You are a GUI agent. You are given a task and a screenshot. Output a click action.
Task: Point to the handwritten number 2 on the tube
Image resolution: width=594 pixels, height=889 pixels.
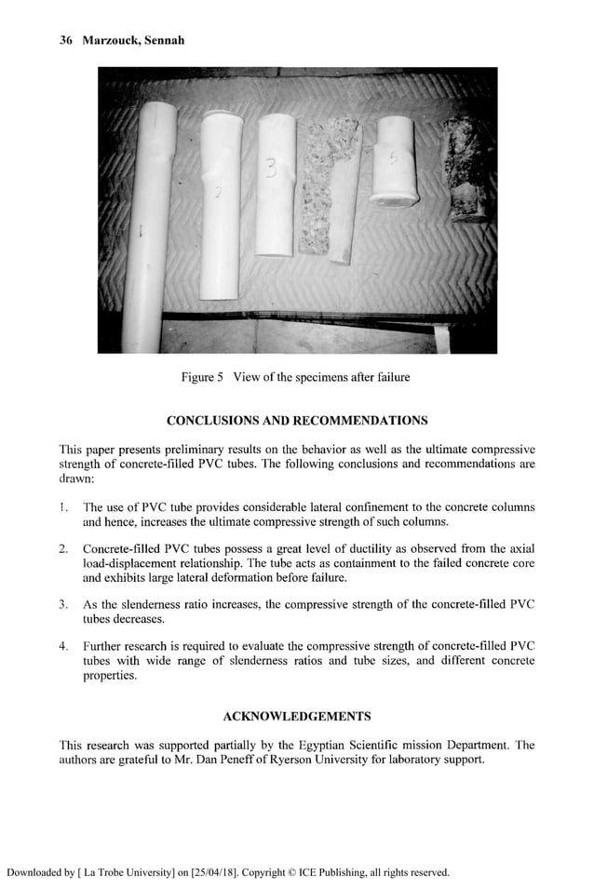(217, 194)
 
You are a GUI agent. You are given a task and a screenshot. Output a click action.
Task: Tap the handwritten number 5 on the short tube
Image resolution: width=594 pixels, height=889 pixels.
(393, 160)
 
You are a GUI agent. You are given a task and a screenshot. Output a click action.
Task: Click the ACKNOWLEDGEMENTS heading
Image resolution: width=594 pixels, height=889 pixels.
(297, 716)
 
